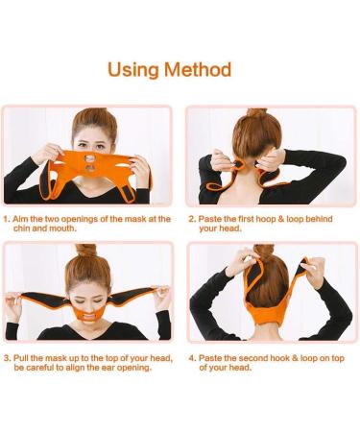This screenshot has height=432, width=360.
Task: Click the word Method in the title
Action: click(x=199, y=69)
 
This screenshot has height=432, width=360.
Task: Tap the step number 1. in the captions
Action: click(x=8, y=219)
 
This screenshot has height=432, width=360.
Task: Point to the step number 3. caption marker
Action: click(x=8, y=357)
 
